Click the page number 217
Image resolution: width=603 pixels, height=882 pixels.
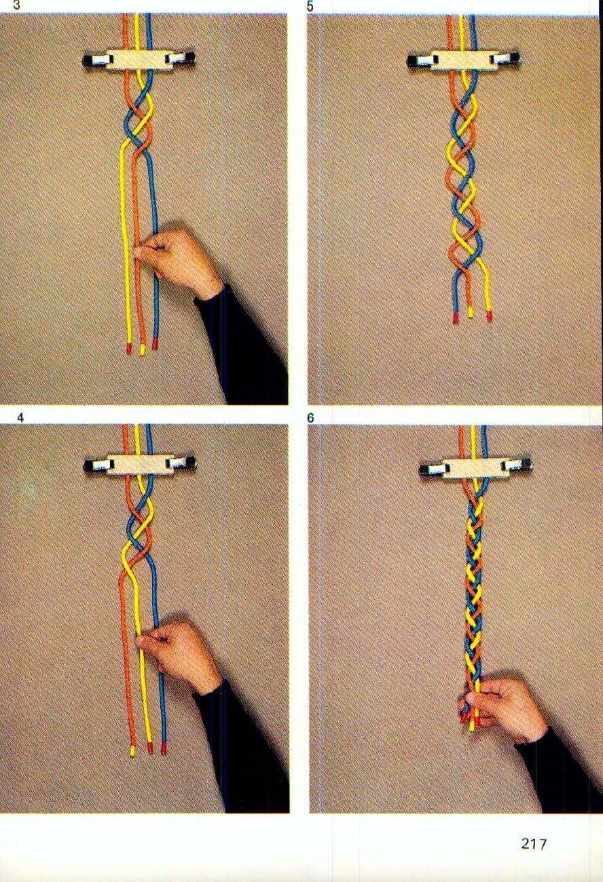(x=534, y=844)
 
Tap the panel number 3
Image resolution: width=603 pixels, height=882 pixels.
(x=7, y=6)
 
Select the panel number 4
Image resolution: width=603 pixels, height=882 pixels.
(x=20, y=418)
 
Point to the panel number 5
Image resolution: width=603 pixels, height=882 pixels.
(x=310, y=6)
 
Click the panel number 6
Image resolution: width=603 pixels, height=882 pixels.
(x=310, y=418)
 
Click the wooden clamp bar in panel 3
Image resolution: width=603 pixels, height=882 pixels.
(x=140, y=60)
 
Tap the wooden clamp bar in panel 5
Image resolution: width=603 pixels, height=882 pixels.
(x=464, y=60)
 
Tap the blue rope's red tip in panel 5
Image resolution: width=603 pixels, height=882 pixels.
(x=456, y=317)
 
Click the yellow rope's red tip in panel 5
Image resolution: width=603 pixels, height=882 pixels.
(x=489, y=315)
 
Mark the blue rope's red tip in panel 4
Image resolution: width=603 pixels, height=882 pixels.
(x=164, y=749)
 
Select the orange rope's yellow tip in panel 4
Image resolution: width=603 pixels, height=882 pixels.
(x=133, y=750)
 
